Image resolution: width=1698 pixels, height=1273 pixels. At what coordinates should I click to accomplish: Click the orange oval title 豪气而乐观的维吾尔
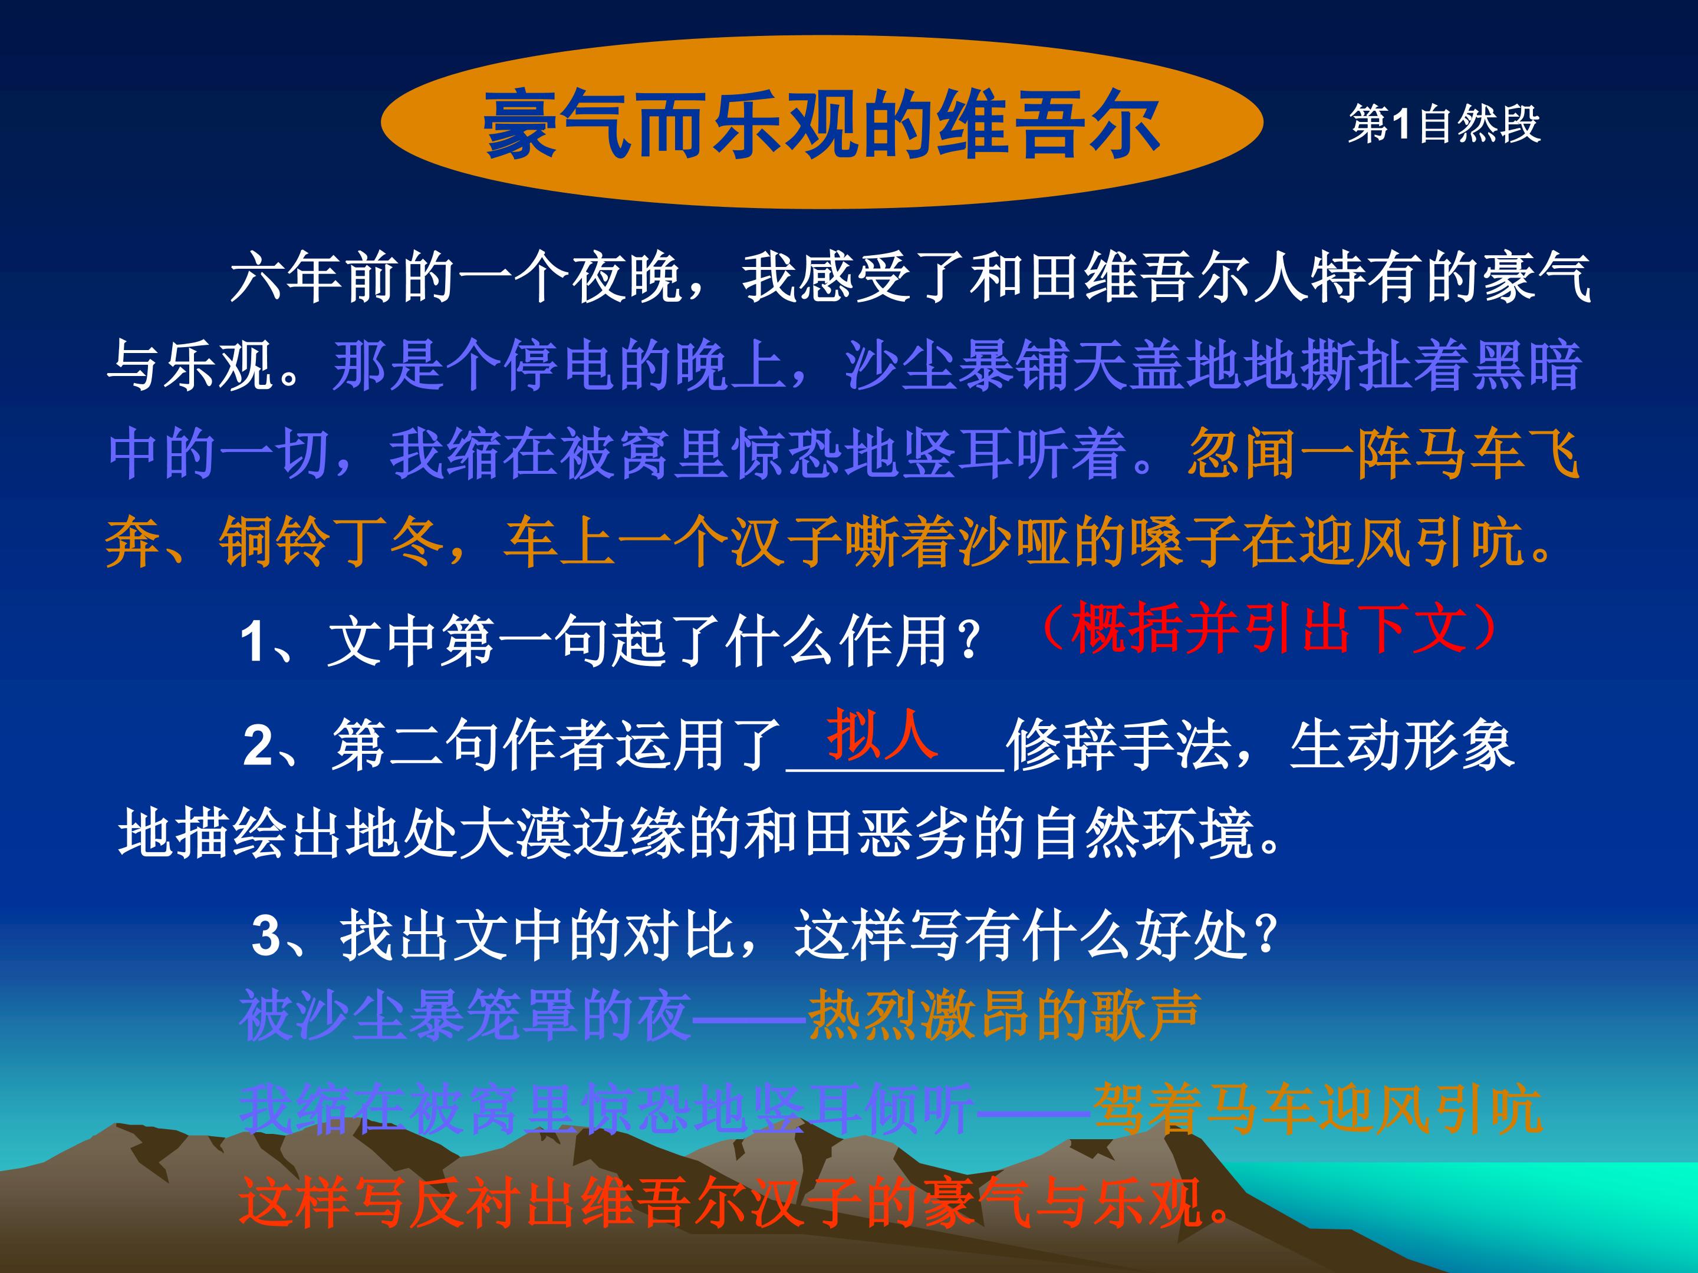(821, 123)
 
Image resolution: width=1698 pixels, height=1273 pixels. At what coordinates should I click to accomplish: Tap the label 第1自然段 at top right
(1444, 124)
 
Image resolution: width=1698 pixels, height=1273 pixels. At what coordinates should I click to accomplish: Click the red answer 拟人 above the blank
(882, 734)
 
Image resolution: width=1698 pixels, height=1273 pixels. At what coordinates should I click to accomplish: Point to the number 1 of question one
(254, 641)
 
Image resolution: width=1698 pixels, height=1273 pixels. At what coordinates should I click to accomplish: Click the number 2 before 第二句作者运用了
(258, 746)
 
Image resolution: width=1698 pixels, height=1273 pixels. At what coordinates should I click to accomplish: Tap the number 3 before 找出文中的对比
(266, 936)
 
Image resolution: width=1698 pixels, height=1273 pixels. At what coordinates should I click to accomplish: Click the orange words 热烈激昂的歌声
(1003, 1015)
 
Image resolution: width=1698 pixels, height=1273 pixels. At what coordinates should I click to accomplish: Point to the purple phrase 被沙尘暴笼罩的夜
(465, 1015)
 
